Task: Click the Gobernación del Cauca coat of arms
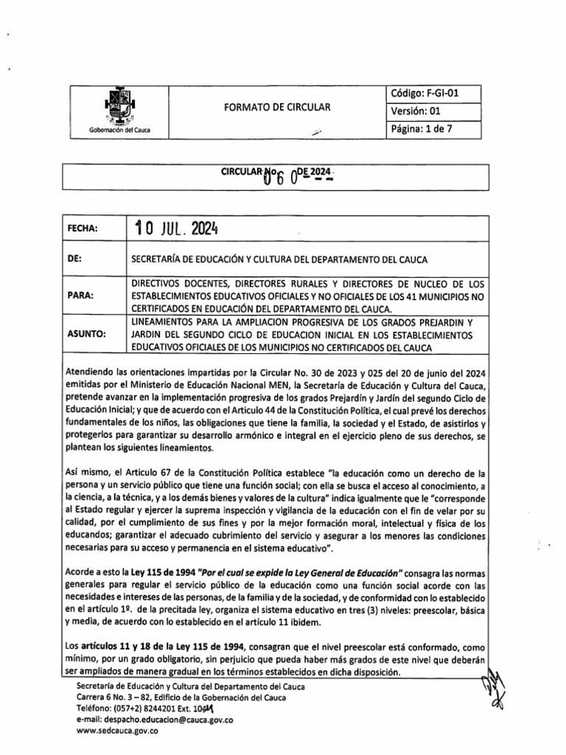(118, 106)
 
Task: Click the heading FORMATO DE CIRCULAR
(277, 108)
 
